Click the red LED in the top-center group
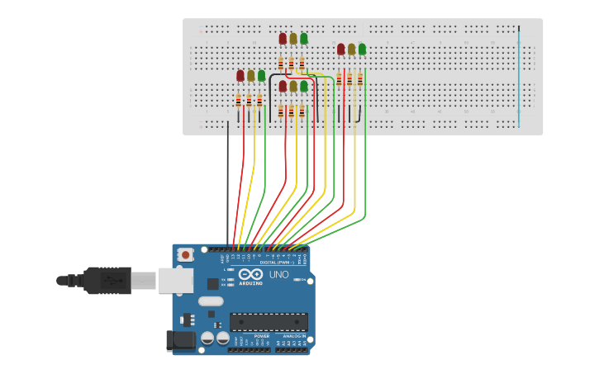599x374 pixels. pos(283,39)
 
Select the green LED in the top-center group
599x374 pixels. pos(304,39)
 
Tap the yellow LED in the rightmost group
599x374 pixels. pos(351,50)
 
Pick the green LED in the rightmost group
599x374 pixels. pos(362,50)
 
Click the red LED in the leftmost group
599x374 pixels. pos(240,76)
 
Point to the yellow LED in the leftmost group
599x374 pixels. pos(251,76)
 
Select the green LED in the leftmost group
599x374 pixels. pos(262,76)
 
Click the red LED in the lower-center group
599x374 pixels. pos(283,86)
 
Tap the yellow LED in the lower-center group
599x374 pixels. pos(293,86)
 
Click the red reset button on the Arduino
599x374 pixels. pos(186,255)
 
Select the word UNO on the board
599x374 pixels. pos(279,275)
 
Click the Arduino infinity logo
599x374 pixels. pos(251,274)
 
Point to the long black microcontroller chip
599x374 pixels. pos(269,322)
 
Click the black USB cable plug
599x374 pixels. pos(107,281)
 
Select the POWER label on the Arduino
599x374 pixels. pos(261,336)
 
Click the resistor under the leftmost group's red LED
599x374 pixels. pos(239,101)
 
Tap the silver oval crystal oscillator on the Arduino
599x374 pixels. pos(211,301)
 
